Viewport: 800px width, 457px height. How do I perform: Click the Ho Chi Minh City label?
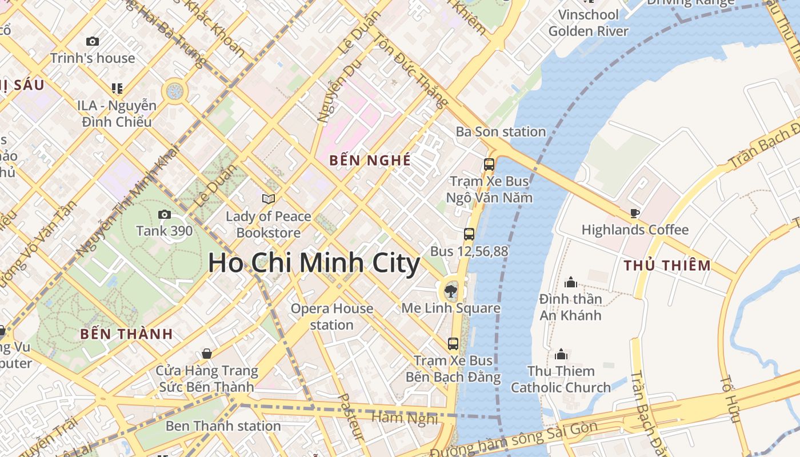[x=314, y=263]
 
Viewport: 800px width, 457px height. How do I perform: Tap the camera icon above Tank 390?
[x=165, y=215]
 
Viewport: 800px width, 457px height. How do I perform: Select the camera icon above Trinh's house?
[x=93, y=42]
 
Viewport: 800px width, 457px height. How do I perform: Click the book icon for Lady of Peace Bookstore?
[x=269, y=199]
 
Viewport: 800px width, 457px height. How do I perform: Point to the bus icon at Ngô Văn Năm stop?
[x=489, y=165]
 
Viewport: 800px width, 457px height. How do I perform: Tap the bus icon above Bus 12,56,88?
[x=469, y=234]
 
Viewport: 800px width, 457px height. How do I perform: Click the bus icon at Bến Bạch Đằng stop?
[x=453, y=344]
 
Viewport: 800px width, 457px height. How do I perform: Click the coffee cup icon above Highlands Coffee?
[x=634, y=214]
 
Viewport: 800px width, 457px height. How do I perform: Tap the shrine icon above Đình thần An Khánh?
[x=570, y=283]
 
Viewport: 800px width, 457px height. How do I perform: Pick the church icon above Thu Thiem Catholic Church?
[x=561, y=355]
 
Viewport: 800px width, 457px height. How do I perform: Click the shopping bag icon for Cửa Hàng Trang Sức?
[x=207, y=354]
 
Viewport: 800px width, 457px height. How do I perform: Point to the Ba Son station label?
[x=501, y=132]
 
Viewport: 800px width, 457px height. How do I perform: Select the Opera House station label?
[x=332, y=316]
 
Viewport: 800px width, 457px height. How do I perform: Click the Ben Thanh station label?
[x=223, y=426]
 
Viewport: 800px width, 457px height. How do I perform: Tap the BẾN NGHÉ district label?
[x=370, y=161]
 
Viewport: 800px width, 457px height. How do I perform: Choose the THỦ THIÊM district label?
[x=667, y=266]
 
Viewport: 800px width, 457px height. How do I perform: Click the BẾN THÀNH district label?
[x=126, y=334]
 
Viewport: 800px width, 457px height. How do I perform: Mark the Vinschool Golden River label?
[x=589, y=23]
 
